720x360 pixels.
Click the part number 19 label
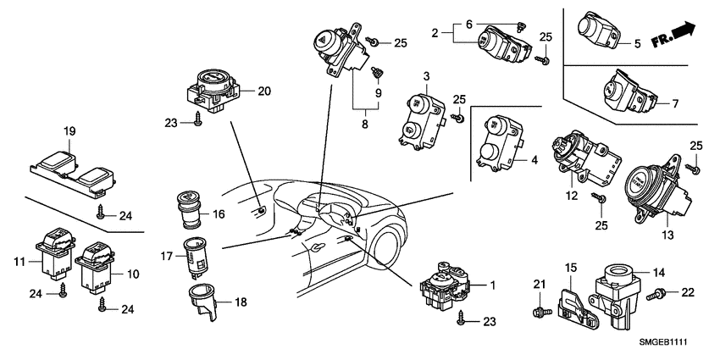click(x=69, y=131)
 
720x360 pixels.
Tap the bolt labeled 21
click(x=536, y=313)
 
